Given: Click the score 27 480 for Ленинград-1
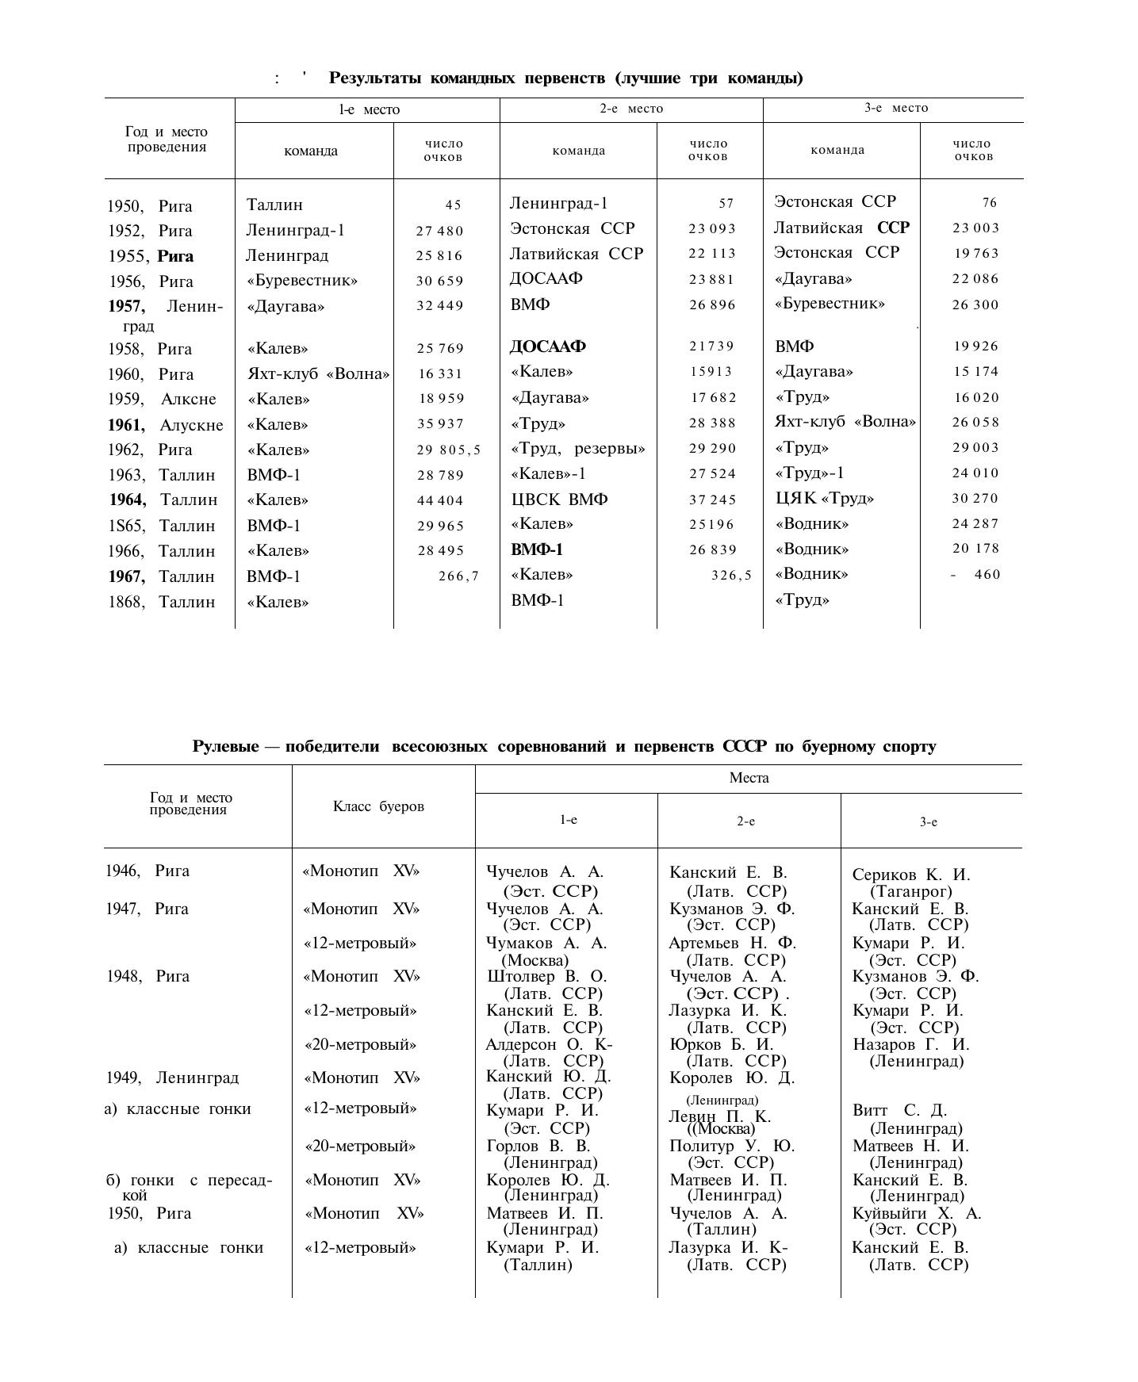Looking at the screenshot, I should pos(439,232).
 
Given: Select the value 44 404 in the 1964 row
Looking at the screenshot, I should pos(439,500).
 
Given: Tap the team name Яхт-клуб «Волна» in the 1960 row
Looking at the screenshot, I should pos(318,374).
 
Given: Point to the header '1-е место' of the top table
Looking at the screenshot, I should pos(369,109).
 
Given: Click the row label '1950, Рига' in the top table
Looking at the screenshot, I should pos(150,207).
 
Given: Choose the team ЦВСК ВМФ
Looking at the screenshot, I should pos(559,500).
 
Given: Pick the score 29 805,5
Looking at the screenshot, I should pos(449,450).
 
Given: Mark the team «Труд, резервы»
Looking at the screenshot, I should pos(578,449).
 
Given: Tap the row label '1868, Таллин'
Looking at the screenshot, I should pos(162,602).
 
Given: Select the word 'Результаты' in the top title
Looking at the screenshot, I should pos(376,78).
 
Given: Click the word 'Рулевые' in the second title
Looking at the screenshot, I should pos(225,746).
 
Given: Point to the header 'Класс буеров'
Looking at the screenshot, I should pos(378,806).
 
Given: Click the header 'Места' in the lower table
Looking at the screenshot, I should pos(749,778).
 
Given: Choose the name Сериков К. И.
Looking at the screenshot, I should pos(911,875).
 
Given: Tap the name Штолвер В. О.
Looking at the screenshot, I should pos(546,976).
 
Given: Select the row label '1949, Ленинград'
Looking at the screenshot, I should pos(172,1078).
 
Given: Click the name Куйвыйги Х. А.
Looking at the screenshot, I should pos(917,1213).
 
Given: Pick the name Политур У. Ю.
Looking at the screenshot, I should pos(732,1146).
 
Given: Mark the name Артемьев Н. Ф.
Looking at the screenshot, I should pos(732,943).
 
